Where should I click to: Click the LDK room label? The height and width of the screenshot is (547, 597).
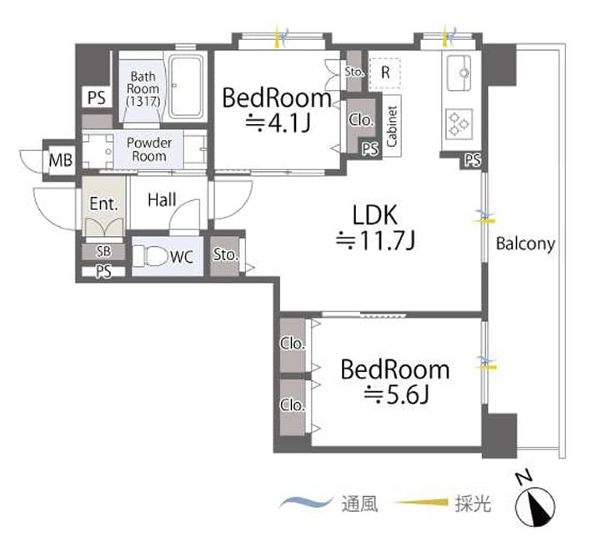(375, 214)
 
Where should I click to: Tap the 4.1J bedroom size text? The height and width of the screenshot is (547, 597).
(278, 123)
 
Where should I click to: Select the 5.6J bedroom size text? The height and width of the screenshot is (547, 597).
(396, 395)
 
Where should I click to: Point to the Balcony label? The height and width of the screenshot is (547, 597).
(525, 243)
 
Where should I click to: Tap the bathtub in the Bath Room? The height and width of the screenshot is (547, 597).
(185, 87)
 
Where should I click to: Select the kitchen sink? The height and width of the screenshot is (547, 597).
(459, 73)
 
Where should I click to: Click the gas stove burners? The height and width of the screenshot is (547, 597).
(459, 123)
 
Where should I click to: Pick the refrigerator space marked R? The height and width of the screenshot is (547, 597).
(385, 73)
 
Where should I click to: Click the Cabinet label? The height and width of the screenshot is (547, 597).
(392, 126)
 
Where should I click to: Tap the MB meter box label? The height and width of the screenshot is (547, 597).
(61, 160)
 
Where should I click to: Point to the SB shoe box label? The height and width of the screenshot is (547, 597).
(103, 251)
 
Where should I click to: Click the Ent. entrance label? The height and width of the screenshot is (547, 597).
(103, 203)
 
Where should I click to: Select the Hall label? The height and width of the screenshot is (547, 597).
(162, 200)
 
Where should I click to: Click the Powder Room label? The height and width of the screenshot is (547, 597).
(149, 149)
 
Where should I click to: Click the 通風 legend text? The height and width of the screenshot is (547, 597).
(360, 504)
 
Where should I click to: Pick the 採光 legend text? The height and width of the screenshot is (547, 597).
(473, 504)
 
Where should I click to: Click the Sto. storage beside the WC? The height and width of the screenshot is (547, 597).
(225, 254)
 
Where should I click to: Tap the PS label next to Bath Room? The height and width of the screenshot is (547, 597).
(97, 98)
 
